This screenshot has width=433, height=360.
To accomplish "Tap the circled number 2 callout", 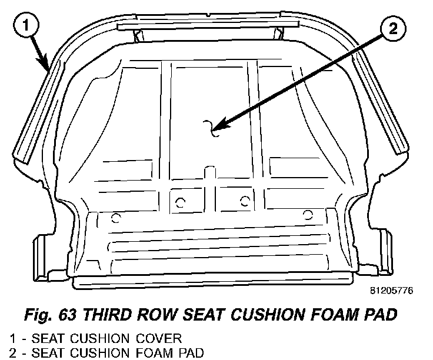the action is pos(393,28).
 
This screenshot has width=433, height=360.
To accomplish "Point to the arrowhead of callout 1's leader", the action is pos(47,69).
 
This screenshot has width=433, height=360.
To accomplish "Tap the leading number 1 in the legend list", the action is pos(12,338).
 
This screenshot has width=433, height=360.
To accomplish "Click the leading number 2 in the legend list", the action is pos(12,352).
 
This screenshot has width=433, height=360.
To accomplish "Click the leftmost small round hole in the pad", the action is pos(115,219).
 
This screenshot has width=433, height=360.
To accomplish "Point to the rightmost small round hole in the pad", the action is pos(307,213).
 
